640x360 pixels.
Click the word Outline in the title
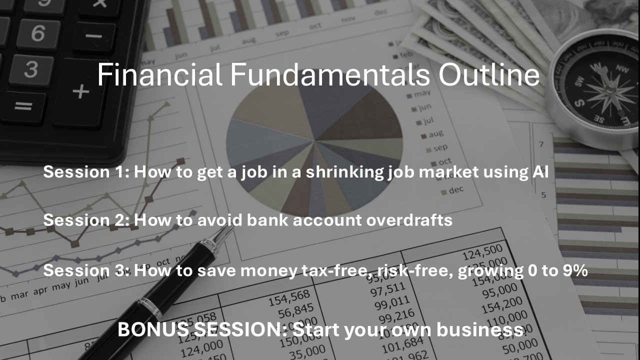pos(489,74)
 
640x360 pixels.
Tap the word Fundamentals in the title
pos(329,74)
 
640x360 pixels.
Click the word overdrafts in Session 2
pos(409,220)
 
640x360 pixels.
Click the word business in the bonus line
pos(480,329)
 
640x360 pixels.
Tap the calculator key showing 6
pos(38,33)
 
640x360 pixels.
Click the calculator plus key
pos(80,92)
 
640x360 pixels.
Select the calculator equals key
pos(23,106)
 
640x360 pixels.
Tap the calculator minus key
pos(93,36)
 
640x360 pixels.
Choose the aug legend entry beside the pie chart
pos(432,134)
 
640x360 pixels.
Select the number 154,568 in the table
pos(289,297)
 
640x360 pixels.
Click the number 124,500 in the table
pos(482,252)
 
